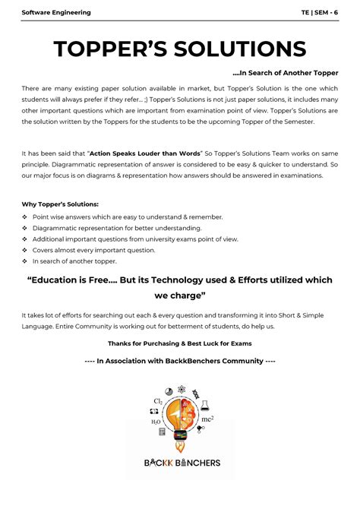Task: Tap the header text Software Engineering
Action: [56, 12]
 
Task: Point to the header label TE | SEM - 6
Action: [320, 12]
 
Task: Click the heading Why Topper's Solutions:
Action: [60, 204]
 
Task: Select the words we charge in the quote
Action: [180, 295]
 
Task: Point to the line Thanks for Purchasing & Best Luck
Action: [180, 343]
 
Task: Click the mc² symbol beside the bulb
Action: [207, 418]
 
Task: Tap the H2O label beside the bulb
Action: [156, 420]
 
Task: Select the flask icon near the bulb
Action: [197, 395]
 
